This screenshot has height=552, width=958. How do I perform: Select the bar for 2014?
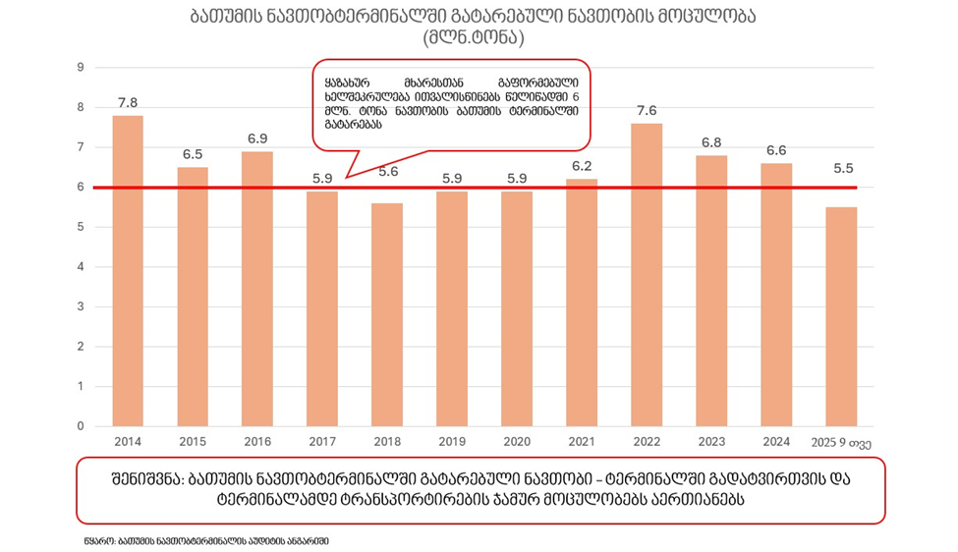128,271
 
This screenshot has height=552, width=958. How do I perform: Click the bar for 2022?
647,275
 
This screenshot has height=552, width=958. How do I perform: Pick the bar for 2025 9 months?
841,316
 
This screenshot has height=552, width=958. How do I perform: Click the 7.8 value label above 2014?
128,102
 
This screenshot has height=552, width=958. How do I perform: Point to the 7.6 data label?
647,110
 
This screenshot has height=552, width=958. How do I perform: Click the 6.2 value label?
582,166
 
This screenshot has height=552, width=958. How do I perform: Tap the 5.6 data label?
387,171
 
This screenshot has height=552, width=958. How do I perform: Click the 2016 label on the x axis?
257,443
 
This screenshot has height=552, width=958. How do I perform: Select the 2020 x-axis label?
517,443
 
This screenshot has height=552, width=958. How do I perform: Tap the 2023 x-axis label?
711,443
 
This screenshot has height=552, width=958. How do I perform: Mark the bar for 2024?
776,295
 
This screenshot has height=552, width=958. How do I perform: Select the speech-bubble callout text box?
452,106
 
